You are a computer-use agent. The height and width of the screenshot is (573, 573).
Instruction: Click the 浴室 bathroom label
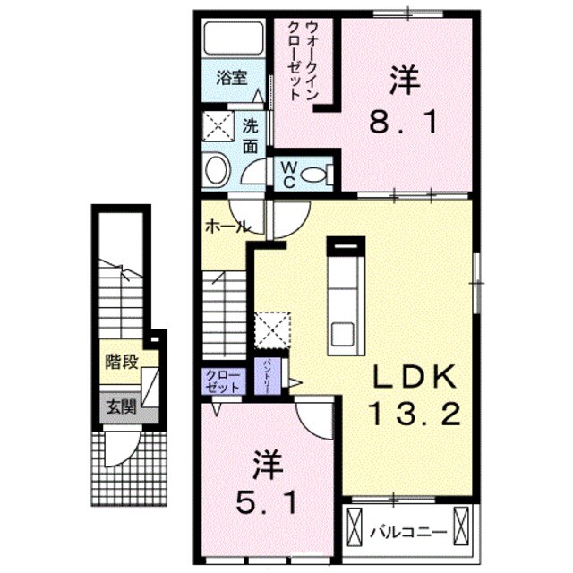pos(232,78)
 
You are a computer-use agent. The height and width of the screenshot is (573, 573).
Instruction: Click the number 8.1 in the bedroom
pos(406,121)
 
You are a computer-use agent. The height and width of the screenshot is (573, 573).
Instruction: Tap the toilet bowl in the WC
pos(315,175)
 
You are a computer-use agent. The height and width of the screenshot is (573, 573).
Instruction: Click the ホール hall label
pos(227,227)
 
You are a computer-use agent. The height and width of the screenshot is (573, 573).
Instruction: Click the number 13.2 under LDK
pos(414,414)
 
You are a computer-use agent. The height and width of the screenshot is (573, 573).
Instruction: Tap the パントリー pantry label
pos(268,375)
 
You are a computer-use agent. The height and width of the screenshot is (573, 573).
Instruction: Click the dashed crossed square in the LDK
pos(271,328)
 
